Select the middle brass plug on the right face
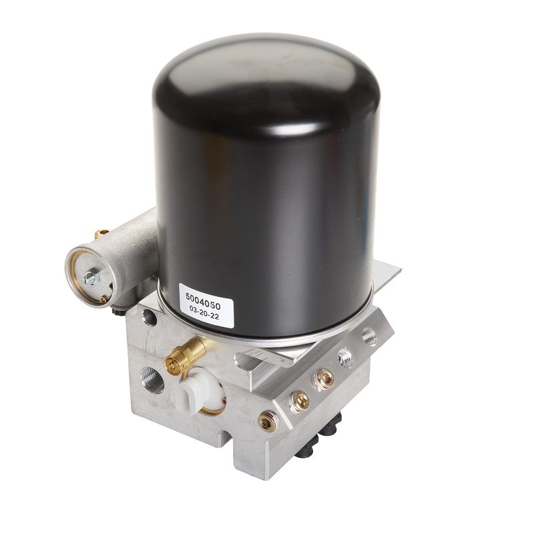[300, 400]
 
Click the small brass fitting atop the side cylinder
[101, 233]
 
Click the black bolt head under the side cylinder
[120, 310]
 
